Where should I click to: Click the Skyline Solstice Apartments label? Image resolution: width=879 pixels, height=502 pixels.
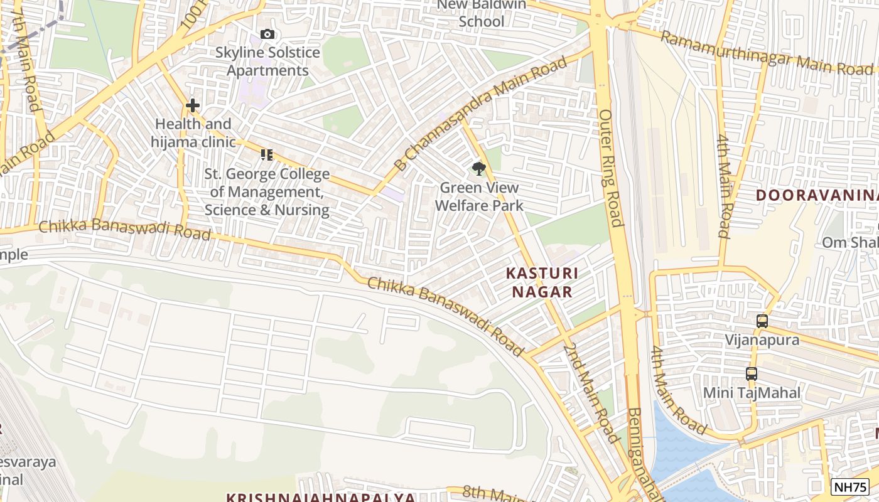tap(267, 61)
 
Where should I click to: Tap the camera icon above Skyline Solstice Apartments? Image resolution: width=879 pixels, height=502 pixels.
tap(267, 35)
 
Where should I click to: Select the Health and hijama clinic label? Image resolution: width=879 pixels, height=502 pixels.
tap(193, 133)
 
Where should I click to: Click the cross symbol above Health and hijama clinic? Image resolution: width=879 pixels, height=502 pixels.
tap(193, 105)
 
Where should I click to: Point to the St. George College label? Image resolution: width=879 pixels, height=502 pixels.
tap(267, 192)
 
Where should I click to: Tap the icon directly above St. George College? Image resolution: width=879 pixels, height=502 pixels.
tap(267, 154)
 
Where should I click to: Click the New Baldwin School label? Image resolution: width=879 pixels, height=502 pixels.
tap(481, 13)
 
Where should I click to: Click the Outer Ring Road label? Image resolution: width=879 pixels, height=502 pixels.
tap(610, 168)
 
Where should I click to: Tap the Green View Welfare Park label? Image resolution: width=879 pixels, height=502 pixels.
tap(479, 196)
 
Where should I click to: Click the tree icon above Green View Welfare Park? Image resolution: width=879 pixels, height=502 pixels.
tap(479, 168)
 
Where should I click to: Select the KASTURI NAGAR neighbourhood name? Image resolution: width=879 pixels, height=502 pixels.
tap(542, 282)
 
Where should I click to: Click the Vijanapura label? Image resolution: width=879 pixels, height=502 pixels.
tap(762, 340)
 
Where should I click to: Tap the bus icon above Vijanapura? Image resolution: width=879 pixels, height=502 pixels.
tap(762, 321)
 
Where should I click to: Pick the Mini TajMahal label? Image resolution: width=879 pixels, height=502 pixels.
tap(752, 393)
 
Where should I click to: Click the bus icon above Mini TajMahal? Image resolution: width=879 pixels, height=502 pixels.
tap(752, 374)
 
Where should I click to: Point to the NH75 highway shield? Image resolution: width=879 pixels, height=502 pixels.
tap(850, 486)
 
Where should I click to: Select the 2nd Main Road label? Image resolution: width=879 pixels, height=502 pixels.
tap(591, 393)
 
